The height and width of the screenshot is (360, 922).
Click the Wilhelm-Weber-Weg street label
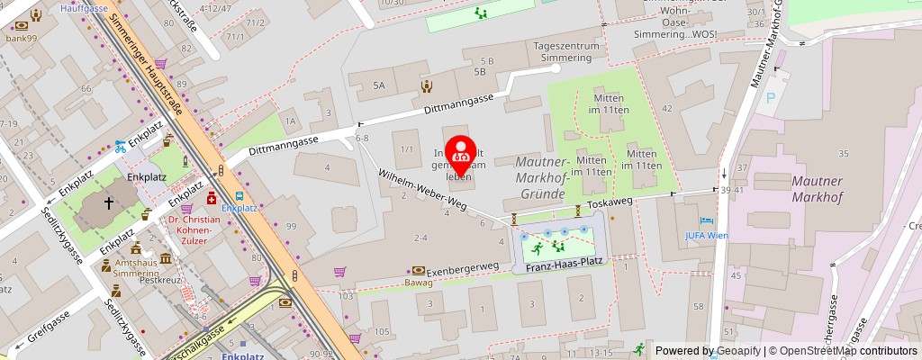click(x=421, y=193)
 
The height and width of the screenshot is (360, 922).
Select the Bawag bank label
click(x=418, y=282)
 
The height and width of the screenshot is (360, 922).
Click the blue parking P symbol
click(x=770, y=97)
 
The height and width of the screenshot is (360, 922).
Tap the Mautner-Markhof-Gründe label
click(x=544, y=177)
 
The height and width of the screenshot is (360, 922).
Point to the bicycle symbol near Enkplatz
click(x=121, y=146)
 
